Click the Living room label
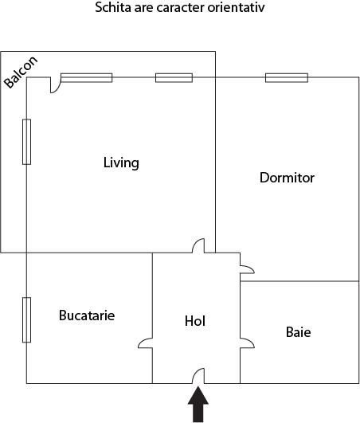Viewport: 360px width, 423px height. [x=121, y=163]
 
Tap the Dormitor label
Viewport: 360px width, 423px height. [x=287, y=178]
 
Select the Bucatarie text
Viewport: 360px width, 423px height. [x=87, y=315]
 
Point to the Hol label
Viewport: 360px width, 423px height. [x=195, y=321]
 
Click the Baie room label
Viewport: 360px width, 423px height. [x=298, y=331]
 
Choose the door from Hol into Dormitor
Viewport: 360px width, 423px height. [x=246, y=269]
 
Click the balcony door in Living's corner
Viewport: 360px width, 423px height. [x=54, y=84]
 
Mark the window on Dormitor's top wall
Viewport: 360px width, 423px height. [x=287, y=77]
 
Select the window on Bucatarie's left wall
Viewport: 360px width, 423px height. [x=26, y=319]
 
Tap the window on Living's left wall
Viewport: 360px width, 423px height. [x=26, y=142]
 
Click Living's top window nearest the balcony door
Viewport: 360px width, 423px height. [x=87, y=77]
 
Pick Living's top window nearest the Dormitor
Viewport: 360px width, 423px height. [x=174, y=77]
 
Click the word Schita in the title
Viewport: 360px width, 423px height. [x=112, y=9]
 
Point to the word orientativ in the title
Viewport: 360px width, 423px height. [x=237, y=9]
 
